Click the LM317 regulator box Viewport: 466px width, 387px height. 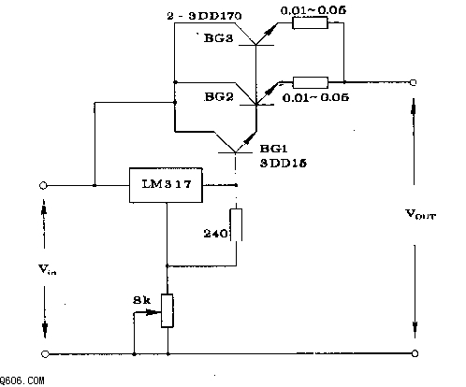tap(166, 185)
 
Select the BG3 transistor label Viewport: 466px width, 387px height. tap(218, 38)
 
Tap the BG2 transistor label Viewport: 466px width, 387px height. tap(219, 97)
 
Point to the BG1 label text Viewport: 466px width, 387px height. tap(273, 149)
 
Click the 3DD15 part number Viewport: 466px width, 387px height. tap(284, 164)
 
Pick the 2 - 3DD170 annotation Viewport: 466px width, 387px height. tap(204, 16)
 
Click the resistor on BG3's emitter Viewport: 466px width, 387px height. tap(310, 22)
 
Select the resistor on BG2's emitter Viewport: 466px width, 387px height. tap(311, 82)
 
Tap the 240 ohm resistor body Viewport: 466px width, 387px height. tap(236, 224)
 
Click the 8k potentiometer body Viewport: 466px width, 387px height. tap(167, 310)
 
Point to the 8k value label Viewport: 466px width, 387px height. tap(141, 300)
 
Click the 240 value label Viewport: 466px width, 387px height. tap(215, 234)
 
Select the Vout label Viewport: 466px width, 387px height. tap(420, 214)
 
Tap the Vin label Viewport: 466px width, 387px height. tap(48, 269)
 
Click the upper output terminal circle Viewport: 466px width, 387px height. tap(413, 82)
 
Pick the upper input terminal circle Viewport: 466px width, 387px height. tap(43, 186)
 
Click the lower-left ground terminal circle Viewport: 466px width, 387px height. tap(45, 354)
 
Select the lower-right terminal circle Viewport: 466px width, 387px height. tap(415, 353)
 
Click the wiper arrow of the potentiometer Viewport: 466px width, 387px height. tap(147, 311)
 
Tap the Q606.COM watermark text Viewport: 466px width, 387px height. tap(22, 380)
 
